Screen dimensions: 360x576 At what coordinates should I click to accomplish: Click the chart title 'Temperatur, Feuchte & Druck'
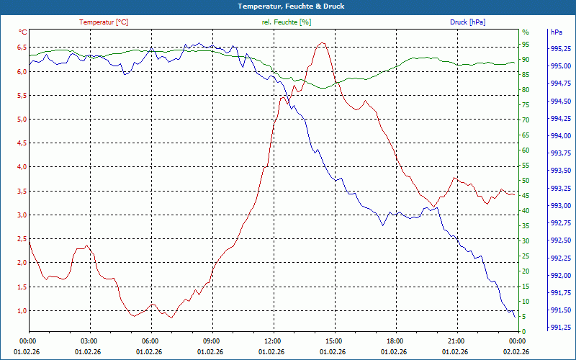[x=288, y=6]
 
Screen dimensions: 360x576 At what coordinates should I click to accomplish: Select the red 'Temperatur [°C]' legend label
[x=104, y=22]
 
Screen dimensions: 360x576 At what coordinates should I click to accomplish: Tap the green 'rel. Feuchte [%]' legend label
[x=287, y=22]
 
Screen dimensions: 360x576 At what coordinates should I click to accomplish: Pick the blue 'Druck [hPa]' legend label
[x=467, y=22]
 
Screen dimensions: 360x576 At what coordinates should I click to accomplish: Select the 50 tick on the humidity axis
[x=525, y=181]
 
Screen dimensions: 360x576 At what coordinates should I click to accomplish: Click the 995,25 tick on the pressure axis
[x=561, y=49]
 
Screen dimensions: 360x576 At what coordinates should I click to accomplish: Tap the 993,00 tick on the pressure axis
[x=561, y=206]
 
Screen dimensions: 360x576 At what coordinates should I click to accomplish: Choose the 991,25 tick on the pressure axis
[x=561, y=328]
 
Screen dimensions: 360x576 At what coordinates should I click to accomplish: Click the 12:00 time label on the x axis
[x=273, y=341]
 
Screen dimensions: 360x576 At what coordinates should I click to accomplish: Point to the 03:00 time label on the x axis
[x=89, y=341]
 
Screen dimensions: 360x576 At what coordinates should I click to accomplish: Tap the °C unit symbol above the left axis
[x=23, y=32]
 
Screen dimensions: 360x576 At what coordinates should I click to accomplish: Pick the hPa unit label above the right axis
[x=557, y=32]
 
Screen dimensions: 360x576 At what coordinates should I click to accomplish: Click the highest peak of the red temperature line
[x=323, y=43]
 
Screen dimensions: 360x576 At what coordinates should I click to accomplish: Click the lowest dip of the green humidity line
[x=323, y=89]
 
